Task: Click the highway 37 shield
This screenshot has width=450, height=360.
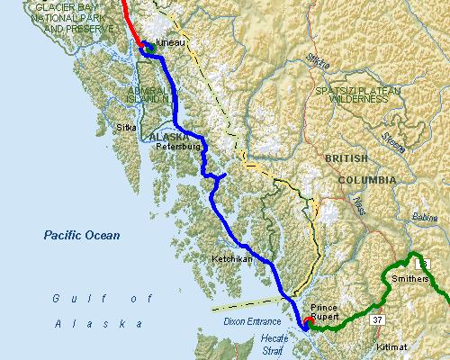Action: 377,319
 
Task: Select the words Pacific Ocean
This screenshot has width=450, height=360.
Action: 82,235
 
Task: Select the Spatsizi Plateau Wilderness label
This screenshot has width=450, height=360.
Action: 350,95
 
